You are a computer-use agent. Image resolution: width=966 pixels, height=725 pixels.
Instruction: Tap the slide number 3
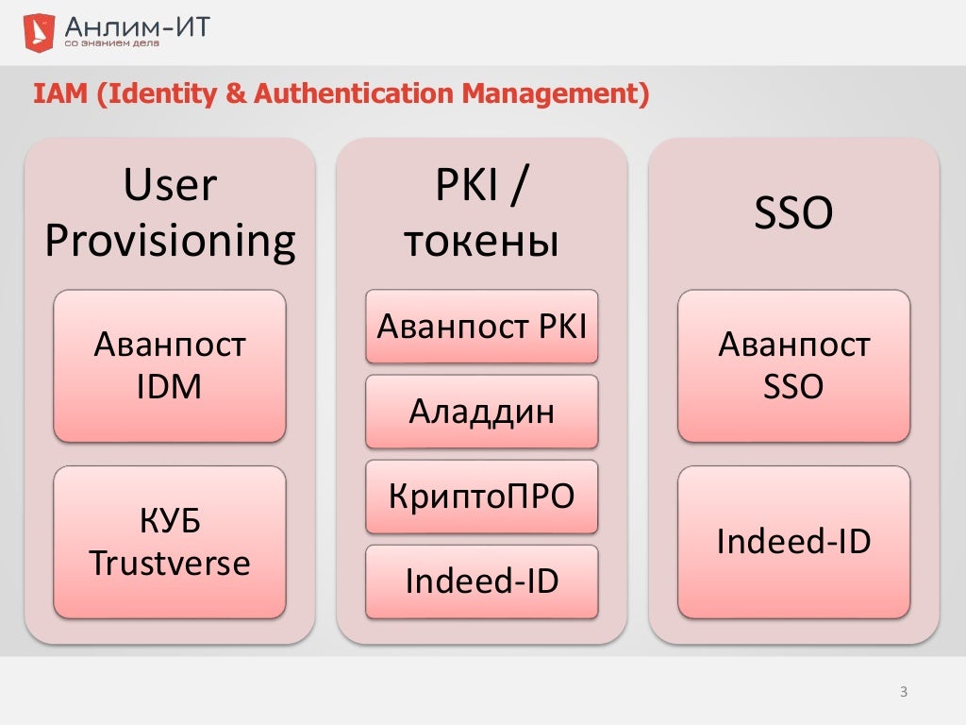tap(903, 693)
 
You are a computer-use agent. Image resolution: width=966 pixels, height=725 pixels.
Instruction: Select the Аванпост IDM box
tap(170, 365)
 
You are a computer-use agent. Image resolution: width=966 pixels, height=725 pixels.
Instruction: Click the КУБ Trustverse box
tap(170, 542)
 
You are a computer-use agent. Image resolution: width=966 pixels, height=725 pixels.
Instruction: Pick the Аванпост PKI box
tap(481, 327)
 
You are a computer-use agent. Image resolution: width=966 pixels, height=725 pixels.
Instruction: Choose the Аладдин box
tap(481, 412)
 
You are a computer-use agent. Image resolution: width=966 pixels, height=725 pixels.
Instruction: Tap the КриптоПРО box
tap(481, 497)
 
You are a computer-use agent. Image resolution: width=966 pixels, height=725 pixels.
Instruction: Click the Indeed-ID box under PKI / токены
tap(481, 582)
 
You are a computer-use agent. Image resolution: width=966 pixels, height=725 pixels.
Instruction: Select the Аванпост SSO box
tap(793, 365)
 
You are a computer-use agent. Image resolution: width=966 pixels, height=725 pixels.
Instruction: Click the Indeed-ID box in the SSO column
tap(793, 542)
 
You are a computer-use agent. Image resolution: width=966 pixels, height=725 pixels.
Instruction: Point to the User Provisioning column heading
tap(170, 213)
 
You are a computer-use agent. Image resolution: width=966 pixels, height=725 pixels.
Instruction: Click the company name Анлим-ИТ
tap(137, 25)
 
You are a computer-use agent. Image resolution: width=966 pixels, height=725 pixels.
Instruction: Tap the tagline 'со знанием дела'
tap(111, 43)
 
